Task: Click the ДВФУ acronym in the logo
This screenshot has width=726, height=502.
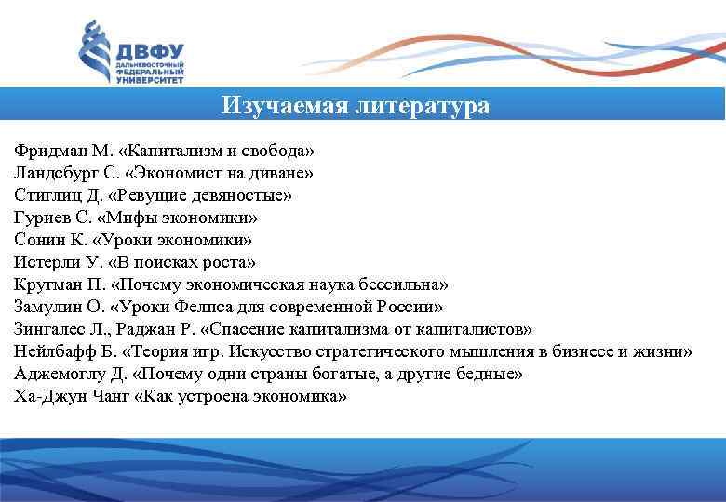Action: coord(150,50)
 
